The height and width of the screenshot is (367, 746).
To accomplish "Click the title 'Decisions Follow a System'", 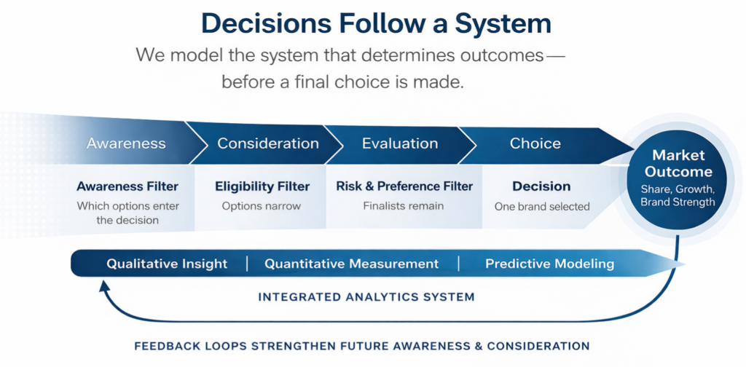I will (x=376, y=23).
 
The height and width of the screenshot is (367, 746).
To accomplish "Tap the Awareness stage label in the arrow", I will (x=126, y=143).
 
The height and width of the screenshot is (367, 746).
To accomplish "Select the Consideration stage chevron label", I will (x=267, y=143).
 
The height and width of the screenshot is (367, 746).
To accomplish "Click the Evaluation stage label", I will (x=400, y=143).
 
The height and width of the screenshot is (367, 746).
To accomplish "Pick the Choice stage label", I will (x=535, y=143).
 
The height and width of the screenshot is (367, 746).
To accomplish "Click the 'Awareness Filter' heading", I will (x=127, y=186).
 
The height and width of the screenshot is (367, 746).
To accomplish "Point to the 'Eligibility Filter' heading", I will (x=261, y=186).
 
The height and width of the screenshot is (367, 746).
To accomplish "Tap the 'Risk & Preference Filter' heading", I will (x=404, y=186).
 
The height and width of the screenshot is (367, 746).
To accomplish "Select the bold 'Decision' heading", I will (x=541, y=186).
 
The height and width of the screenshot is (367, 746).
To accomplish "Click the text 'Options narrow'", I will (x=261, y=206).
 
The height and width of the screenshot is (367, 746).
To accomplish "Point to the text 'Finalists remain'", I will (x=404, y=206).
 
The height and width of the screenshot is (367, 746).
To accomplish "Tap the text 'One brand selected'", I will (x=541, y=207).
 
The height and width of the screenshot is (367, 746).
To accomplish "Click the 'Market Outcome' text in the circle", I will (x=678, y=164).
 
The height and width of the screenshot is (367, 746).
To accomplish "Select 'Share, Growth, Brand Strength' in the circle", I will (x=678, y=195).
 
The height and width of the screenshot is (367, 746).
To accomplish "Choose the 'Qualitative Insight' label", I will (x=167, y=264).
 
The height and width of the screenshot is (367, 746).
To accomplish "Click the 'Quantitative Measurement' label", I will (x=351, y=264).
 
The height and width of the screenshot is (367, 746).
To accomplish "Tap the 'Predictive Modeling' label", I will (x=549, y=264).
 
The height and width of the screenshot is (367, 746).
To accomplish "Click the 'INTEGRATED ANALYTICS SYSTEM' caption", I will (x=366, y=297).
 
